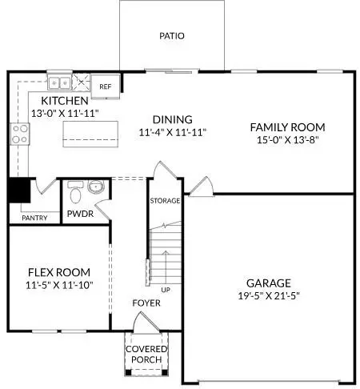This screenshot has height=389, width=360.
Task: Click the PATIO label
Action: (x=171, y=36)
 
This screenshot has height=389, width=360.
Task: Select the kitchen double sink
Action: (x=58, y=82)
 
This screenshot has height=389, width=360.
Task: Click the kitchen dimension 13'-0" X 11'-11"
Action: (x=65, y=114)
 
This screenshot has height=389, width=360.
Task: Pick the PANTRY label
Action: (x=34, y=218)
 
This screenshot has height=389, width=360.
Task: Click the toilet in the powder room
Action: (x=75, y=194)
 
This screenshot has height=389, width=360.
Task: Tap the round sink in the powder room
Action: (x=96, y=188)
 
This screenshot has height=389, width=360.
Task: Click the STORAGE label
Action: (x=165, y=200)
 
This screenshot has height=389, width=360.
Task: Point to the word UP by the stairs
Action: (x=166, y=289)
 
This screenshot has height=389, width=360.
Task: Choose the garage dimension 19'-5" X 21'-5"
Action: (x=268, y=296)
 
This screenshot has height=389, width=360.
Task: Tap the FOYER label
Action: (x=146, y=303)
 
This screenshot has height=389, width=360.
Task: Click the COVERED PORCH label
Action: (x=146, y=354)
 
